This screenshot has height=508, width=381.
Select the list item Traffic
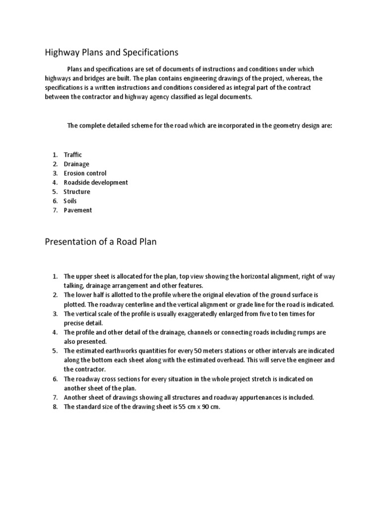point(73,155)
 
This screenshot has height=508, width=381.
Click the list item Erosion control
point(85,173)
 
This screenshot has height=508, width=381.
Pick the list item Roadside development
point(96,183)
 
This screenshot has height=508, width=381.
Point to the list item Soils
point(70,201)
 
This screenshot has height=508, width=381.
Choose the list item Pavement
point(78,210)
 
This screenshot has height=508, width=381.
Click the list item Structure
point(77,191)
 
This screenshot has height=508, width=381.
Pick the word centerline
point(153,305)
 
